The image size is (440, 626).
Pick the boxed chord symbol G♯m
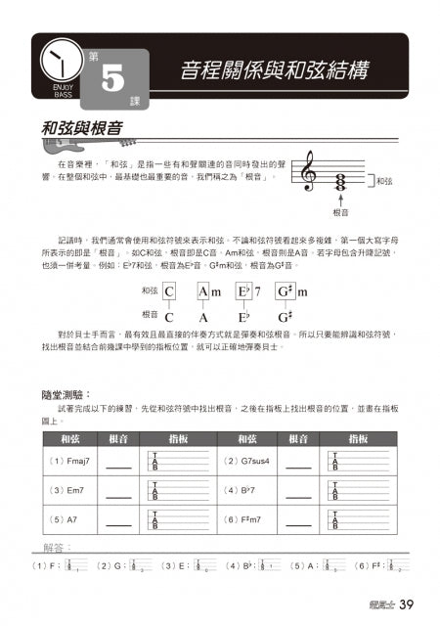click(291, 291)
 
